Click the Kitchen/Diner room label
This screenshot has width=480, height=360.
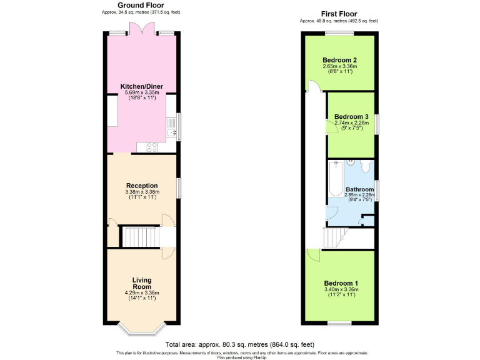(x=140, y=86)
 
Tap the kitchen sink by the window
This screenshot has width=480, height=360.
(x=172, y=130)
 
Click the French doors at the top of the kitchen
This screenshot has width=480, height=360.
(x=140, y=29)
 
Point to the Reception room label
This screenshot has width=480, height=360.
(x=142, y=186)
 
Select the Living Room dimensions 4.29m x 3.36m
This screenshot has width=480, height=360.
(x=142, y=292)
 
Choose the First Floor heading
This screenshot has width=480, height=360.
(x=339, y=14)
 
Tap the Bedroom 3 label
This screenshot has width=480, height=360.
(x=351, y=117)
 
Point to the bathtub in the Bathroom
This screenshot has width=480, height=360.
(x=336, y=178)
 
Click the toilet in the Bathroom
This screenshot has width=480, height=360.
(x=366, y=167)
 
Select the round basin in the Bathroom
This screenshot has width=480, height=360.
(x=352, y=162)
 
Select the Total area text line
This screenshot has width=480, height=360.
(x=240, y=344)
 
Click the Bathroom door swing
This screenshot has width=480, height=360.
(x=332, y=211)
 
